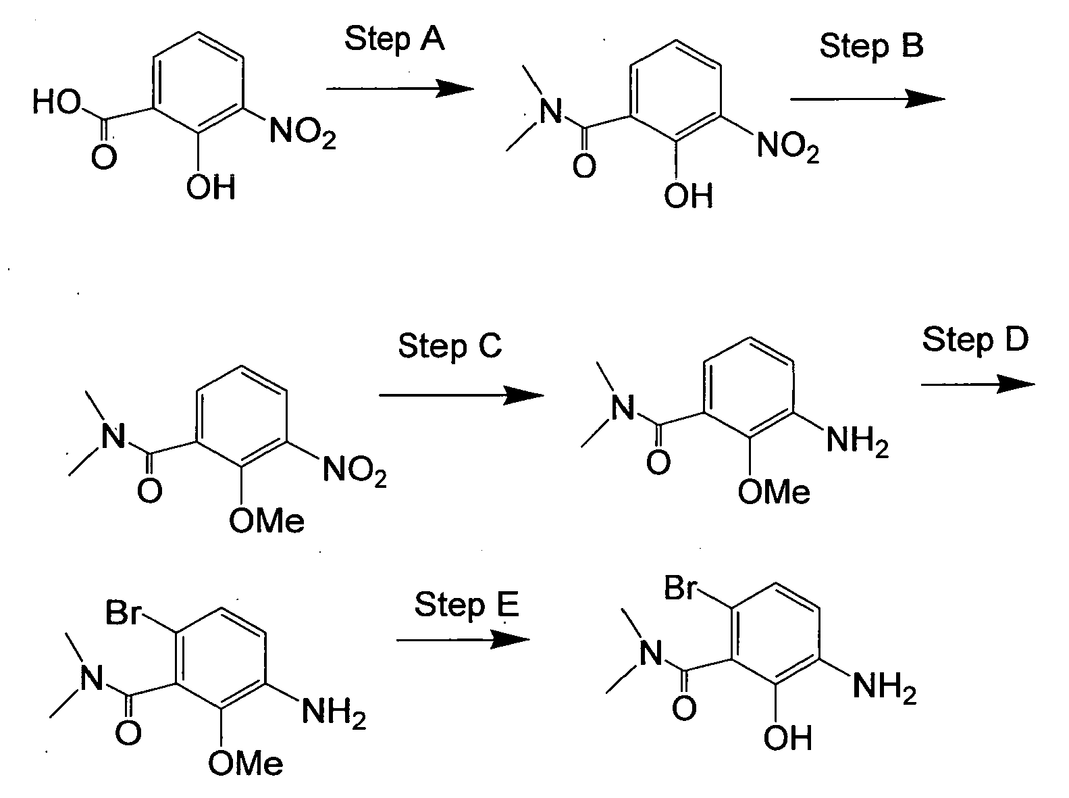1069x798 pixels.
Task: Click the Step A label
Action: [x=394, y=39]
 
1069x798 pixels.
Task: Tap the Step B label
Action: [x=871, y=46]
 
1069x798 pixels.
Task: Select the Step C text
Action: [x=450, y=346]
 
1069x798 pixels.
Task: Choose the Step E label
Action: [x=467, y=605]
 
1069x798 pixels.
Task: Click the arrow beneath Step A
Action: [x=400, y=89]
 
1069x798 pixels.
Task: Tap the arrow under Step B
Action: [x=867, y=99]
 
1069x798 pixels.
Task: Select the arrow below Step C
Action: [x=461, y=395]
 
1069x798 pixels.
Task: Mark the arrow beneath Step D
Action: [x=978, y=384]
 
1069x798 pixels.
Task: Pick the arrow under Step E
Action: [x=463, y=640]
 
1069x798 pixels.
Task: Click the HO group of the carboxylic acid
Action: [x=57, y=102]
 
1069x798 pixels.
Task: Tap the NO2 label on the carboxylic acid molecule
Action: [x=303, y=133]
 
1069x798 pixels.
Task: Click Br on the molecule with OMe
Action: [x=123, y=612]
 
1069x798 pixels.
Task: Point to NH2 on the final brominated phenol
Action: [x=885, y=687]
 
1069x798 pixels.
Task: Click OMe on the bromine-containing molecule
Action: [x=245, y=763]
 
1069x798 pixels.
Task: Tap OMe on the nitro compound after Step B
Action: [x=266, y=520]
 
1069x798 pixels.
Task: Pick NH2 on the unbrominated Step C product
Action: [x=857, y=441]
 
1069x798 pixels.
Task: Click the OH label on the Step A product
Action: [x=688, y=196]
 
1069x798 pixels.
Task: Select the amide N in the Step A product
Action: [x=551, y=111]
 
